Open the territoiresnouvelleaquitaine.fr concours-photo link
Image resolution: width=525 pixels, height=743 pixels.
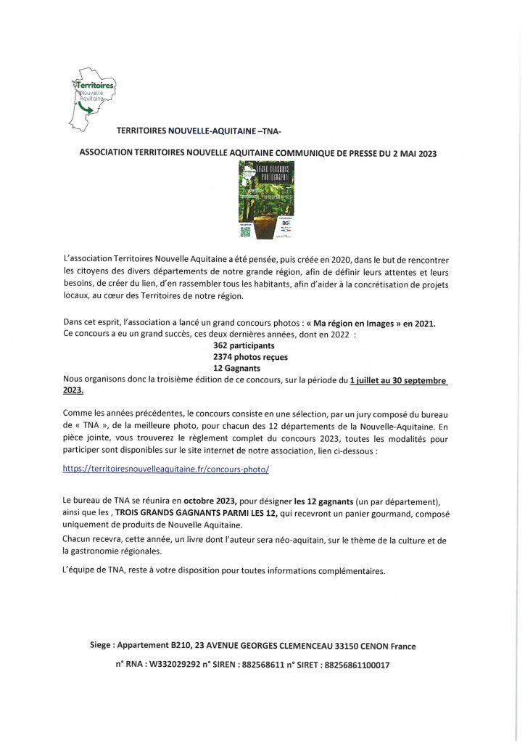click(166, 469)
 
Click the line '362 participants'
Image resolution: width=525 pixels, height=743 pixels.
click(239, 346)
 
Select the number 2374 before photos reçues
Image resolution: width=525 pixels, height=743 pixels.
click(223, 357)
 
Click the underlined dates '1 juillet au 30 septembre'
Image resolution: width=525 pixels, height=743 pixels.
click(398, 379)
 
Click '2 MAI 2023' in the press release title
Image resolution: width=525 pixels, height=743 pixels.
click(411, 154)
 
